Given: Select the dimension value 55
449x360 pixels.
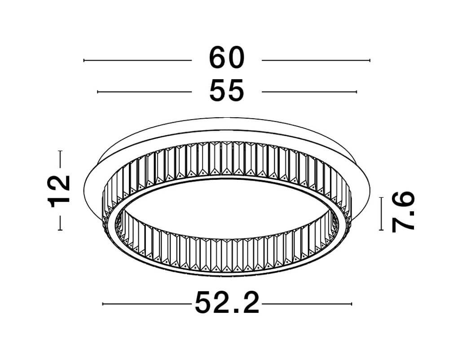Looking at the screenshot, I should (227, 91).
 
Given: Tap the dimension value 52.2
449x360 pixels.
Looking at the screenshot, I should (227, 304).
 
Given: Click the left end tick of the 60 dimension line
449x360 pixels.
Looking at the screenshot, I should (84, 60).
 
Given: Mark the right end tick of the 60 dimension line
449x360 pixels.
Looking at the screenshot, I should (370, 60).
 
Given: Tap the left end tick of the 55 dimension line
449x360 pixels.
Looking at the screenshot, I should (98, 92).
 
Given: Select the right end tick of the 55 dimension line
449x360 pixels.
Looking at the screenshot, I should (356, 92).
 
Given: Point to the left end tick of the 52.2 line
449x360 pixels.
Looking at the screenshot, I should (103, 304).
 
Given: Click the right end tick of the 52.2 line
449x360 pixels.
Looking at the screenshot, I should (352, 304).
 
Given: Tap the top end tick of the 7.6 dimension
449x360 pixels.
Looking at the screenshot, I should (381, 198).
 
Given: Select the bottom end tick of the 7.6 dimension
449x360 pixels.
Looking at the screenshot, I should (381, 230).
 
